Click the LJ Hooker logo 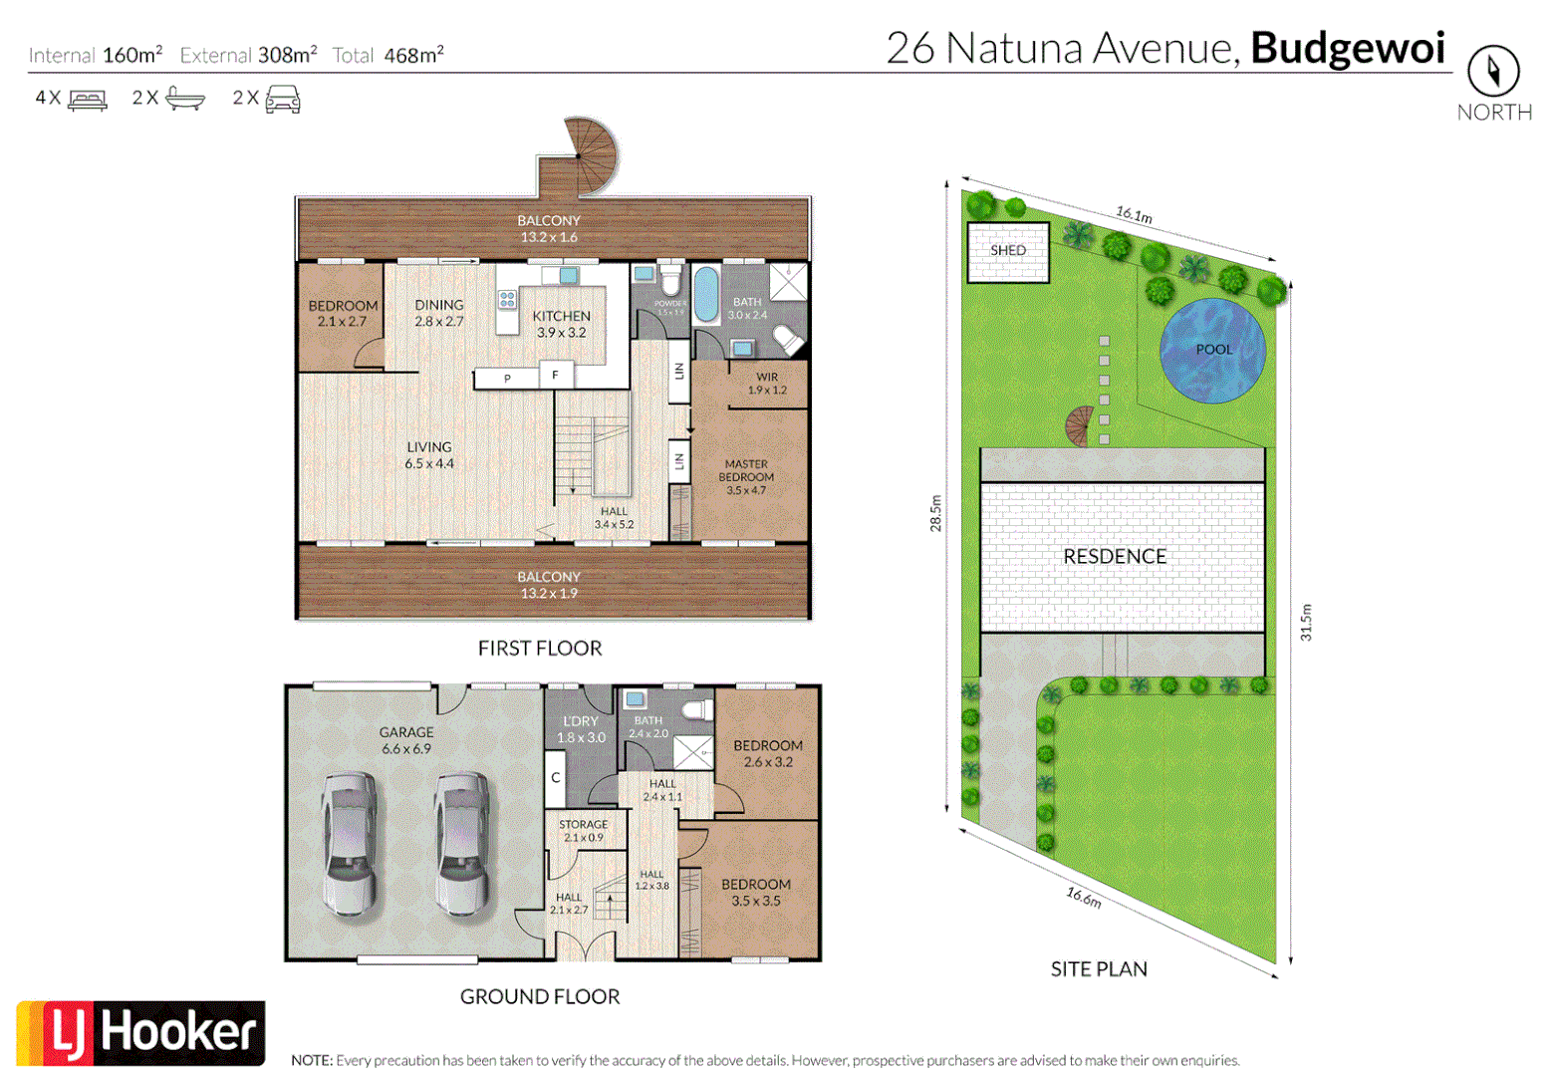coord(140,1033)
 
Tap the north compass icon coord(1492,71)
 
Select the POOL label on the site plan coord(1213,350)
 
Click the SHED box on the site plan coord(1008,251)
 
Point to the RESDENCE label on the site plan coord(1114,557)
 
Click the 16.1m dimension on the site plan coord(1134,214)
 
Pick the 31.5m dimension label coord(1306,622)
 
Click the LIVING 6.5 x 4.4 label coord(428,455)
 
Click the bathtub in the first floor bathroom coord(705,294)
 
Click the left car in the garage coord(349,843)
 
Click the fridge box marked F coord(555,376)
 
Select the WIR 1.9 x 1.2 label coord(766,384)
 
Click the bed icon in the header coord(88,99)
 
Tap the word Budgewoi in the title coord(1347,48)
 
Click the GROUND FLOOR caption coord(539,996)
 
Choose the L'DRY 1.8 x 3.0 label coord(581,729)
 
